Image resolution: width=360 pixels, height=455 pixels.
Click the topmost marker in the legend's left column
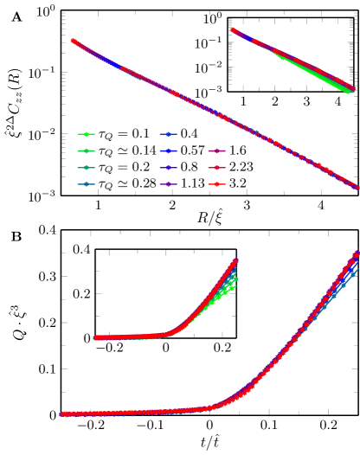click(86, 134)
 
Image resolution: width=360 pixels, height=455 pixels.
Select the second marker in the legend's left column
click(86, 151)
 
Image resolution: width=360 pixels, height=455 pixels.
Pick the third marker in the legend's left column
click(86, 168)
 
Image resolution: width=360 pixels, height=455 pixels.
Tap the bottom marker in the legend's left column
click(86, 184)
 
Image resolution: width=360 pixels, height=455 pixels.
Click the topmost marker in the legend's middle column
click(168, 134)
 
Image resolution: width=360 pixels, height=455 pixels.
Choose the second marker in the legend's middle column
click(168, 151)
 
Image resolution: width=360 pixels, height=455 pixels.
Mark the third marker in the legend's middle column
click(168, 168)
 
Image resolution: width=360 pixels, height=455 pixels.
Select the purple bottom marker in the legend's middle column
click(168, 184)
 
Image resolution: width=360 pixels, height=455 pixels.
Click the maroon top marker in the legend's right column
click(216, 151)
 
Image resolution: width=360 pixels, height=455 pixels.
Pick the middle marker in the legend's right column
click(216, 168)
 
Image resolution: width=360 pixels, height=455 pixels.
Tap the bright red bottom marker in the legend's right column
click(216, 184)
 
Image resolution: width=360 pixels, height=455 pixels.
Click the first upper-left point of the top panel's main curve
click(73, 41)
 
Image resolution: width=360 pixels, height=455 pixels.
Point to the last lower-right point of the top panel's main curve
click(357, 187)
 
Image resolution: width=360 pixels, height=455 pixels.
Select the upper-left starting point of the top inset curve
click(231, 30)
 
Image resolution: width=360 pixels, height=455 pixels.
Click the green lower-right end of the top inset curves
click(350, 91)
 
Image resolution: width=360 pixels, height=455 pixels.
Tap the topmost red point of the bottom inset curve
click(235, 260)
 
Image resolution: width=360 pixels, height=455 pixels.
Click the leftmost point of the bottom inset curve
click(95, 337)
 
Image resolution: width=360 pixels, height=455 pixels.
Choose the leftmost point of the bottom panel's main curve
click(62, 414)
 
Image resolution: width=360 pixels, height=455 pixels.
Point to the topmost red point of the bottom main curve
click(357, 253)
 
